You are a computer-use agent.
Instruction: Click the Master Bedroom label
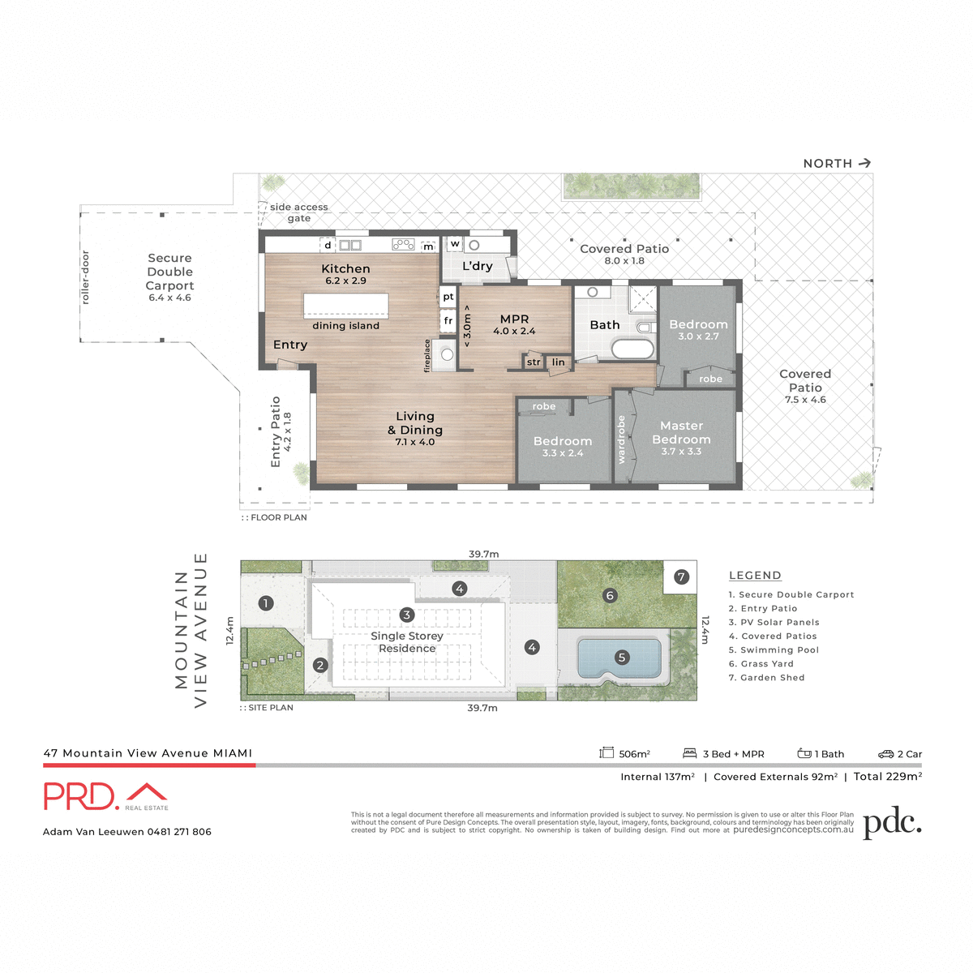[681, 433]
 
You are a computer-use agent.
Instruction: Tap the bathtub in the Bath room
[632, 349]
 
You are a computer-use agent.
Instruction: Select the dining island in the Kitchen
[346, 306]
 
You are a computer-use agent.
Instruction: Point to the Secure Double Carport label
[169, 272]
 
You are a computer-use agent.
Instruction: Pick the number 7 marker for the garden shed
[681, 577]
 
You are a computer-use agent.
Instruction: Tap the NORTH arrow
[864, 163]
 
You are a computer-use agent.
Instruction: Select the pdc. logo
[892, 822]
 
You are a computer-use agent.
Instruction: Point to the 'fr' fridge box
[448, 321]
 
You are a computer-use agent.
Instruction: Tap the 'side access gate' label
[298, 212]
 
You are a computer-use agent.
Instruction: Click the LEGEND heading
[755, 576]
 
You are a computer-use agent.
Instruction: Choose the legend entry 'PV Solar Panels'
[779, 622]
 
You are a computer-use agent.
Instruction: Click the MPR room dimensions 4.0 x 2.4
[514, 332]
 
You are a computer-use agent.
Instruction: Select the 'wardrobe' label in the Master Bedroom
[622, 439]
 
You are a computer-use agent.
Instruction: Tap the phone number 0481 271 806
[179, 832]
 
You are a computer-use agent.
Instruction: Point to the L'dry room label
[477, 266]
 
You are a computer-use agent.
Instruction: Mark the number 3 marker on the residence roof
[407, 615]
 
